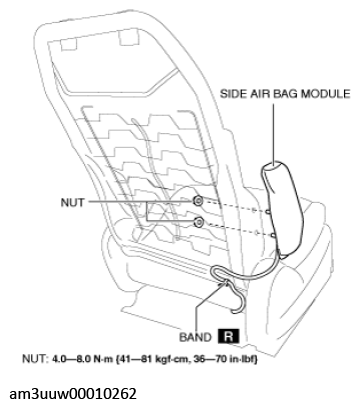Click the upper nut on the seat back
coord(198,201)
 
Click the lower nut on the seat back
coord(199,222)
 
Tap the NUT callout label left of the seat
coord(72,202)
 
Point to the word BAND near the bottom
coord(195,337)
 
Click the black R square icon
coord(228,337)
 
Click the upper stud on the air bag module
coord(268,211)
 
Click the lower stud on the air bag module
coord(273,236)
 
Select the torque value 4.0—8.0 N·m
coord(83,360)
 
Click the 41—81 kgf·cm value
coord(149,360)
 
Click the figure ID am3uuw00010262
coord(73,394)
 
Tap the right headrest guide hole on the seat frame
coord(129,37)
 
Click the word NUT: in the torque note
coord(35,360)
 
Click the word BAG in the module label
coord(286,94)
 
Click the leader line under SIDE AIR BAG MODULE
coord(274,134)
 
